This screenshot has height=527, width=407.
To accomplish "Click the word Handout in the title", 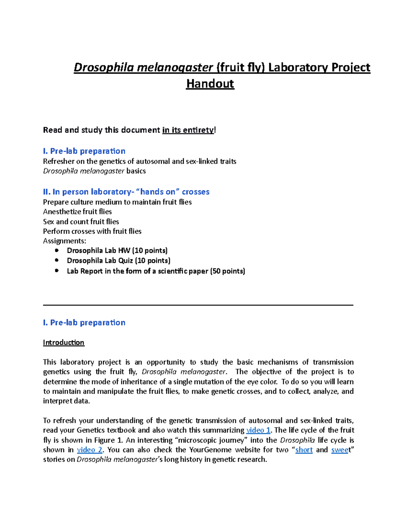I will coord(210,84).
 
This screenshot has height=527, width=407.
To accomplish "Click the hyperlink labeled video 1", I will coord(258,430).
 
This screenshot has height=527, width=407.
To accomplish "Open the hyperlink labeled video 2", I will coord(90,450).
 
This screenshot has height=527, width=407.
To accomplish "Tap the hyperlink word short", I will coord(304,450).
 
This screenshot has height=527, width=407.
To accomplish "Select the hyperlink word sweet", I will coord(340,450).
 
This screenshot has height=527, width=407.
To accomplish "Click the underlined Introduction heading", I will coord(63,342).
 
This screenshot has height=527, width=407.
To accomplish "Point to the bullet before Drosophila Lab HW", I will coord(57,250).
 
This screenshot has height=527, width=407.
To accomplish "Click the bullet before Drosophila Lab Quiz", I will coord(57,260).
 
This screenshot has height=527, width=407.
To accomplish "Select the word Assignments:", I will coord(64,241).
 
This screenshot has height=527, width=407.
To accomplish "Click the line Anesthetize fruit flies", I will coord(77,212).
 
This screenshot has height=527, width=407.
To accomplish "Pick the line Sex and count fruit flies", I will coord(81,222).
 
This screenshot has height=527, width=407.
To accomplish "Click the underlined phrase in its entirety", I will coord(188,130).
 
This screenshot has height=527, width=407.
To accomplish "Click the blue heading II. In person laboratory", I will coord(126,192).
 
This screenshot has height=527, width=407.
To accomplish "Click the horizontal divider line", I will coord(198,305).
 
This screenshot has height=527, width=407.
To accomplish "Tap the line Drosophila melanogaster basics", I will coord(94,171).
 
